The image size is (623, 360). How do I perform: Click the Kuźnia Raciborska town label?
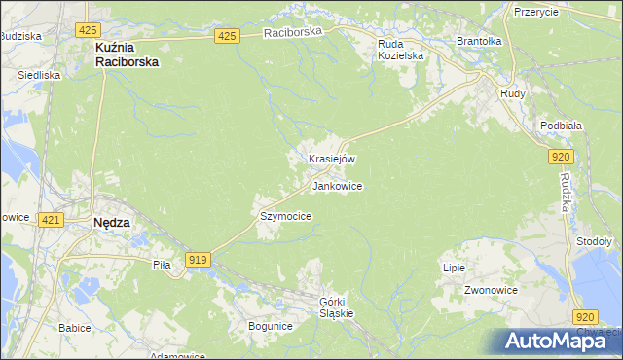click(127, 53)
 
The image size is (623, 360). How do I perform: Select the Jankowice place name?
click(338, 186)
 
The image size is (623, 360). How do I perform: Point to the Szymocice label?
click(285, 216)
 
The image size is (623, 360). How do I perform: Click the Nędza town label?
click(111, 222)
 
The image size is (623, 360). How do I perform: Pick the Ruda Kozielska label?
click(401, 50)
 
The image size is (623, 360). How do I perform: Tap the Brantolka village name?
click(479, 42)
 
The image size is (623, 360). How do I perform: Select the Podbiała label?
click(561, 126)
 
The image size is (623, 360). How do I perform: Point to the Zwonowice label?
click(491, 290)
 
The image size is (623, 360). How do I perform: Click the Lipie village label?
click(455, 268)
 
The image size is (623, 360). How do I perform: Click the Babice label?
click(74, 328)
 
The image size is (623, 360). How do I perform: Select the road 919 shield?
click(198, 259)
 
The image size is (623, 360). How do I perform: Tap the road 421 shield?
click(52, 221)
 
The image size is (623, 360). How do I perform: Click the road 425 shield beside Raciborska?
click(227, 36)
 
